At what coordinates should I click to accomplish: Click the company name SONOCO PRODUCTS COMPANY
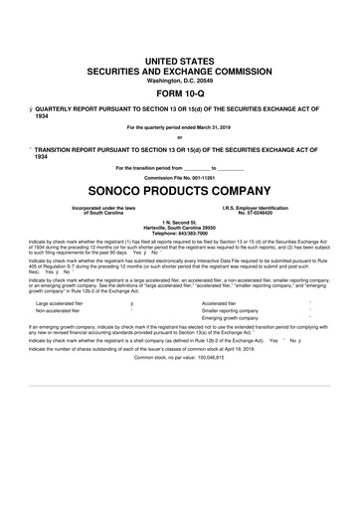click(x=179, y=187)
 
